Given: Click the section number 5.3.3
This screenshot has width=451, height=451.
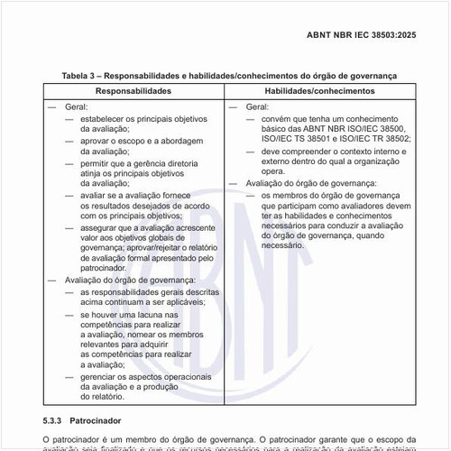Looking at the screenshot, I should point(57,421).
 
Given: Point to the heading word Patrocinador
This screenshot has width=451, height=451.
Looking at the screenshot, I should point(108,421).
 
